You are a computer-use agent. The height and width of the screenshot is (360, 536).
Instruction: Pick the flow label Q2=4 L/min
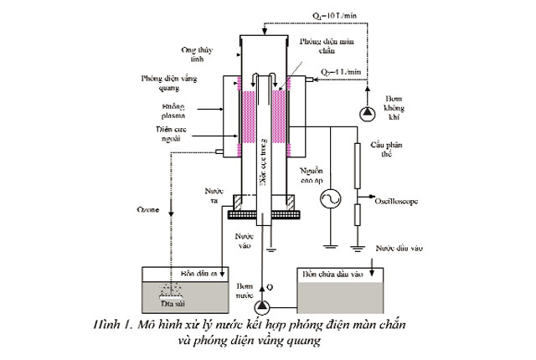(x=339, y=73)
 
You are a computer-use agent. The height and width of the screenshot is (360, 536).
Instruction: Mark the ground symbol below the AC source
(x=329, y=245)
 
